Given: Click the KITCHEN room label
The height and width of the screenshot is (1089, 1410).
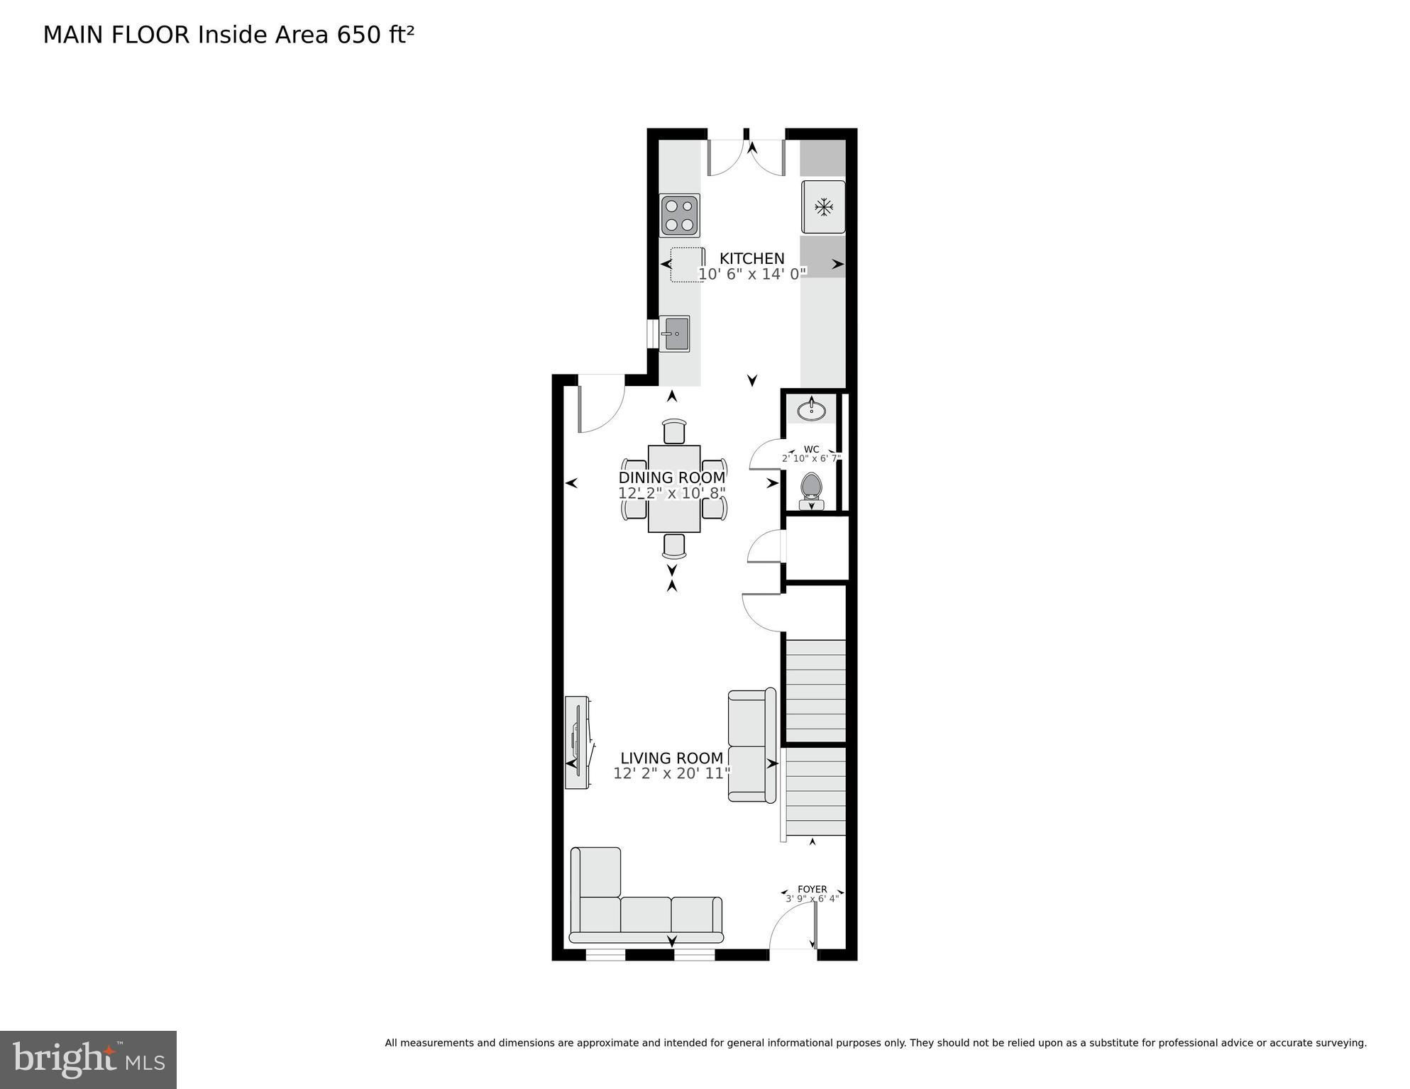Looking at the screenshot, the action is (x=751, y=258).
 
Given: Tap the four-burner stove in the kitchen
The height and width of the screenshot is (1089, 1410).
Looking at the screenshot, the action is (x=680, y=215).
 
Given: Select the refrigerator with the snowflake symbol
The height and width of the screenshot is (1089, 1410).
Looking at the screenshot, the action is (x=823, y=207).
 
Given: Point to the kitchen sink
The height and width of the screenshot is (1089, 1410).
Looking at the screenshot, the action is (x=674, y=333).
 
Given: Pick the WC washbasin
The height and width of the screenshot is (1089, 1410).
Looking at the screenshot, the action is (x=811, y=410).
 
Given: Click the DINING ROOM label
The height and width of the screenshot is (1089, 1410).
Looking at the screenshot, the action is (x=671, y=477).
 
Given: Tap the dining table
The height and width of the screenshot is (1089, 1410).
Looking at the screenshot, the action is (x=674, y=489).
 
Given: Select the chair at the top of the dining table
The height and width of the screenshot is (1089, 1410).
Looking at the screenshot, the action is (x=674, y=431).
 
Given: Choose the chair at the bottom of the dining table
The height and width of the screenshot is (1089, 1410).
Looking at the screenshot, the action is (x=674, y=546).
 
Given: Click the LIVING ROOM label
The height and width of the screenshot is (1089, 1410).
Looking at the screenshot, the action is (x=671, y=758).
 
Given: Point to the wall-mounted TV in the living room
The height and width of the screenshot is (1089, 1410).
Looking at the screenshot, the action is (x=577, y=742).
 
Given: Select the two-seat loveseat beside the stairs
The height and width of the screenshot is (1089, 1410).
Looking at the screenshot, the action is (x=752, y=745).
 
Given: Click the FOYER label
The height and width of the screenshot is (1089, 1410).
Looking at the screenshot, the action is (x=812, y=889).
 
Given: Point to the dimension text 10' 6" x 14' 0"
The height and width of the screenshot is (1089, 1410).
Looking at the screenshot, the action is (x=752, y=274).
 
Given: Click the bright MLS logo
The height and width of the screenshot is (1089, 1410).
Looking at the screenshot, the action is (x=88, y=1059).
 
